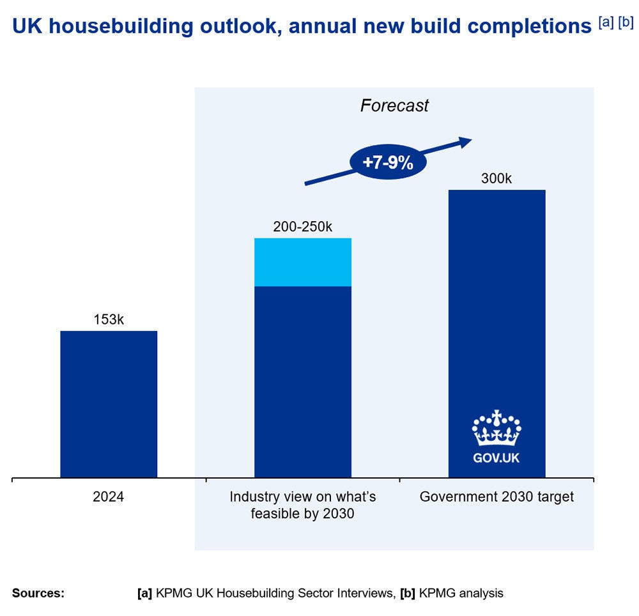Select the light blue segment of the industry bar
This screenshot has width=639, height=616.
[303, 262]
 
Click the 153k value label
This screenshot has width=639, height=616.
[109, 320]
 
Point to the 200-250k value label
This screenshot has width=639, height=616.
[303, 227]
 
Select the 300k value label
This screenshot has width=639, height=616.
[497, 179]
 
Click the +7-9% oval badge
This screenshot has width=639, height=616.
[388, 162]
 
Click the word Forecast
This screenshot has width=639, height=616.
[394, 105]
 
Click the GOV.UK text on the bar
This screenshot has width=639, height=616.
[497, 458]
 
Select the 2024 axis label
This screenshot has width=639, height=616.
[109, 497]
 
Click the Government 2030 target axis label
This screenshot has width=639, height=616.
[497, 497]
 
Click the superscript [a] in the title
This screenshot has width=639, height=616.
[606, 22]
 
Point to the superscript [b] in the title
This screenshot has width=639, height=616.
[626, 22]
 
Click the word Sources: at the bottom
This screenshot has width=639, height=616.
[38, 593]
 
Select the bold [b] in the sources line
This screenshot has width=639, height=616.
[406, 593]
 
